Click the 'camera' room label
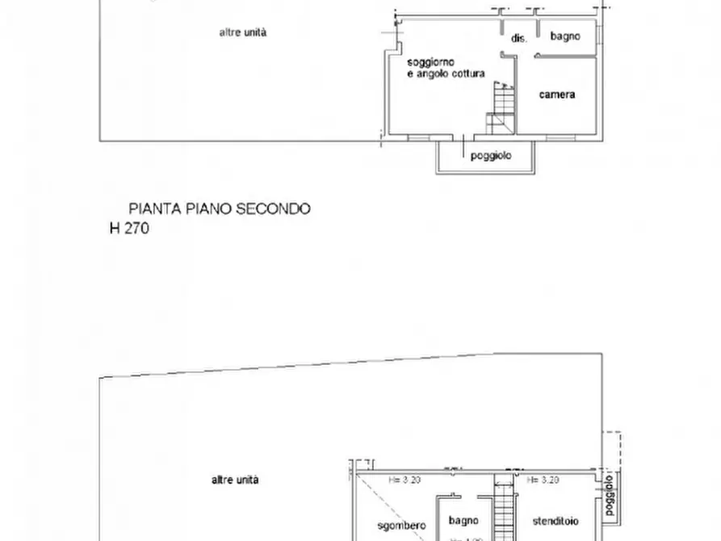(557, 95)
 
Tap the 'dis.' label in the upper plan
(518, 38)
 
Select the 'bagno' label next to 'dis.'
(565, 36)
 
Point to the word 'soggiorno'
(431, 62)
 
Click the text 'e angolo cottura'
(446, 74)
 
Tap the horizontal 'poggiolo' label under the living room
(491, 157)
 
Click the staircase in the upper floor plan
(502, 109)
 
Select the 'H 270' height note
(129, 229)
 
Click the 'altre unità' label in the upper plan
(243, 33)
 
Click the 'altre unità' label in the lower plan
(235, 480)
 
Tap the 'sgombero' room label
(401, 526)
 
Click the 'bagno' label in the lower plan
(465, 521)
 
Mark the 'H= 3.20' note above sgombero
(407, 480)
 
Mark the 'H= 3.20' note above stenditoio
(543, 480)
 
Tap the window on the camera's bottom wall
(558, 137)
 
